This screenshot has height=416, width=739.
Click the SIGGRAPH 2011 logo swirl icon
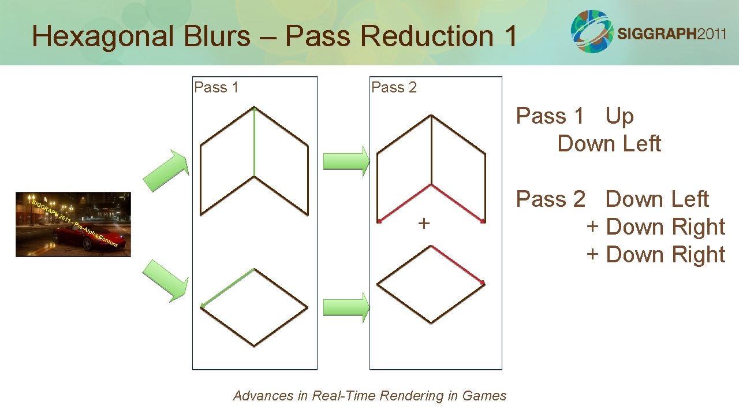click(592, 31)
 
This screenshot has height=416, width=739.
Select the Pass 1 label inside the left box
click(217, 87)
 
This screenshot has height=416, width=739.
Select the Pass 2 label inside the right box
click(394, 87)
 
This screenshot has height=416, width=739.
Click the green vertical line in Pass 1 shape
click(255, 142)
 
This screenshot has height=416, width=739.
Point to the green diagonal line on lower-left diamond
click(227, 288)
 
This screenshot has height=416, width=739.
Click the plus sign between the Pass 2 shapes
click(424, 223)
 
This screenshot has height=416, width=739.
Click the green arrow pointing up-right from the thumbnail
click(166, 170)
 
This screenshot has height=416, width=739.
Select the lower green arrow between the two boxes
click(345, 307)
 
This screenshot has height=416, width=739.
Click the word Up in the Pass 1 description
click(619, 116)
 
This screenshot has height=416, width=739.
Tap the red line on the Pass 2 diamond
click(458, 265)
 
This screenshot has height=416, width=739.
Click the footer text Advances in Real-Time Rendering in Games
click(369, 396)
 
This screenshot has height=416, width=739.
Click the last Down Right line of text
click(656, 255)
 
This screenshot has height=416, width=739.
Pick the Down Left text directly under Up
click(609, 144)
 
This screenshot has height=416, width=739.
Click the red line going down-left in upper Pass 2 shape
click(405, 203)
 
